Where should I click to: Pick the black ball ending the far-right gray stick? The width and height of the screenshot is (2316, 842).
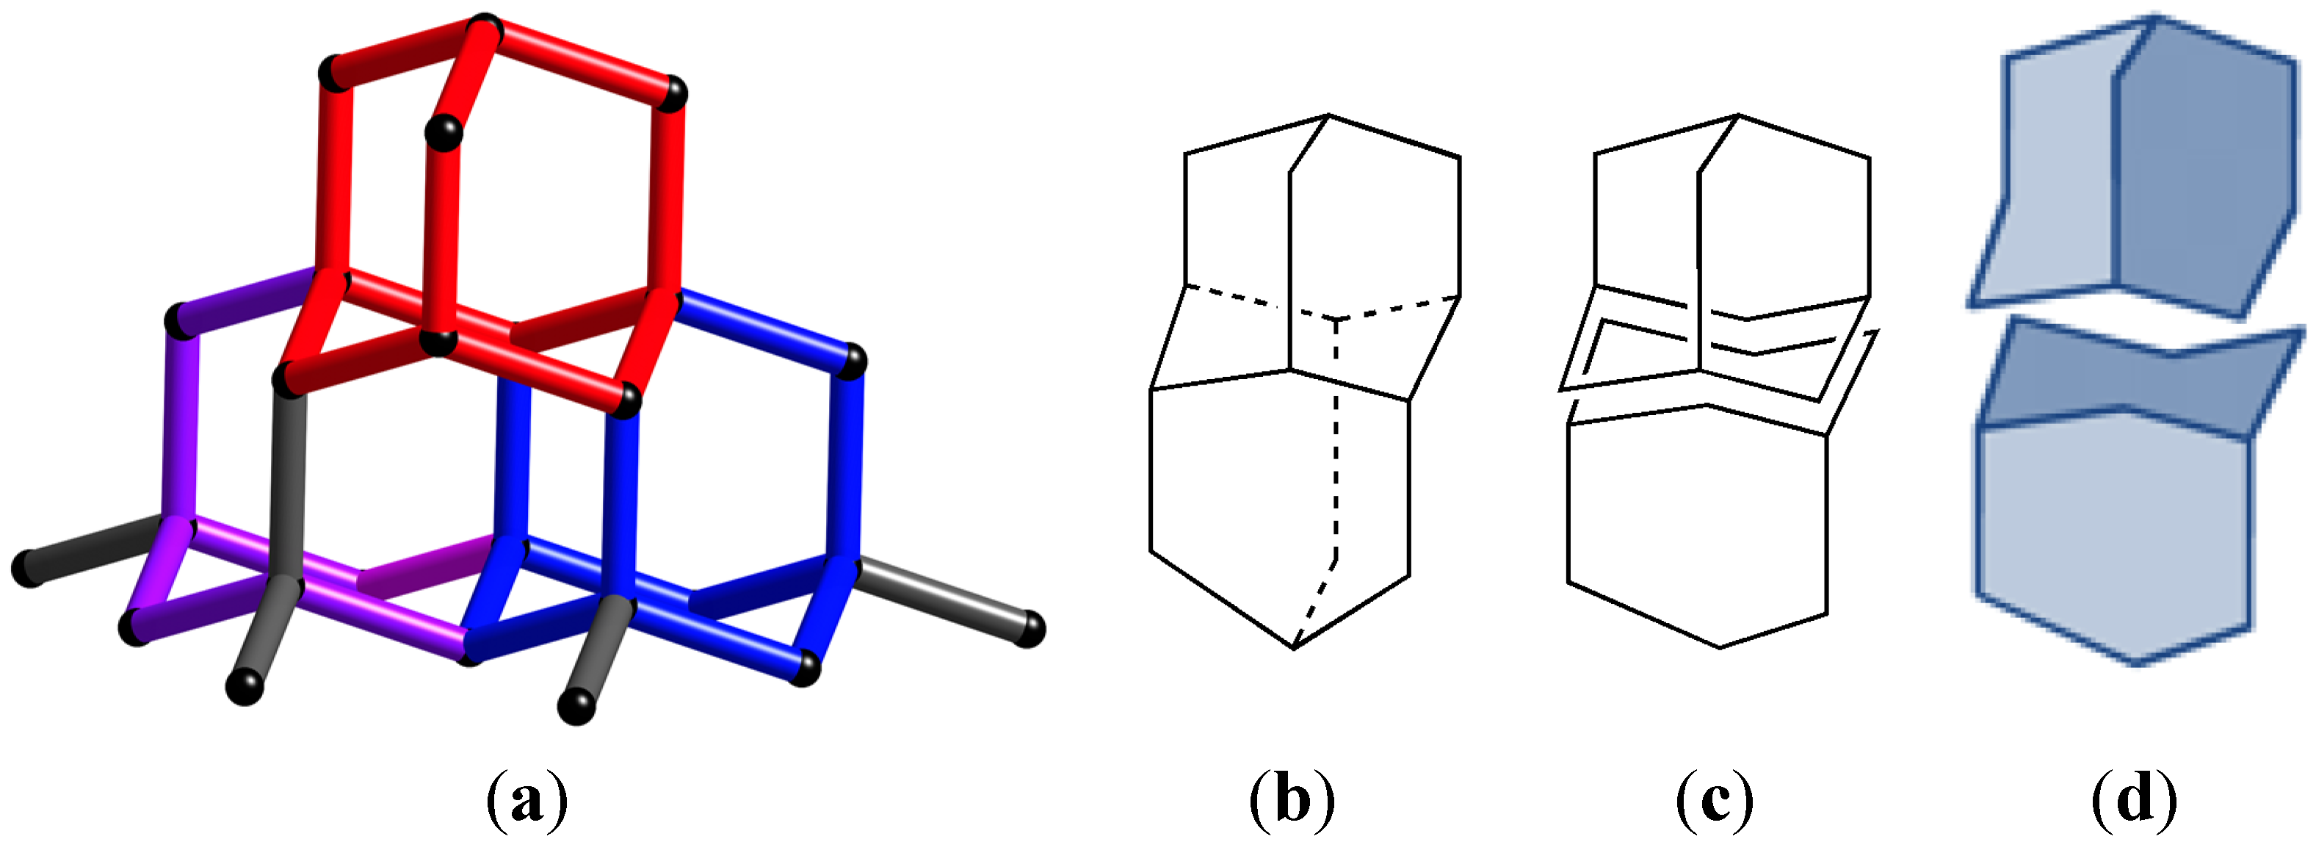tap(1029, 628)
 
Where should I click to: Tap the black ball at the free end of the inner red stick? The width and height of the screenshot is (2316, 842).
tap(444, 133)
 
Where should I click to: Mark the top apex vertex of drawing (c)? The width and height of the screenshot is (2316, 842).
tap(1738, 115)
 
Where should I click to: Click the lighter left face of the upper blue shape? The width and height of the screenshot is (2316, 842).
tap(2059, 171)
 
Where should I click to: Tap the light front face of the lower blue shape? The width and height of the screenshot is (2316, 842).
tap(2113, 530)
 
